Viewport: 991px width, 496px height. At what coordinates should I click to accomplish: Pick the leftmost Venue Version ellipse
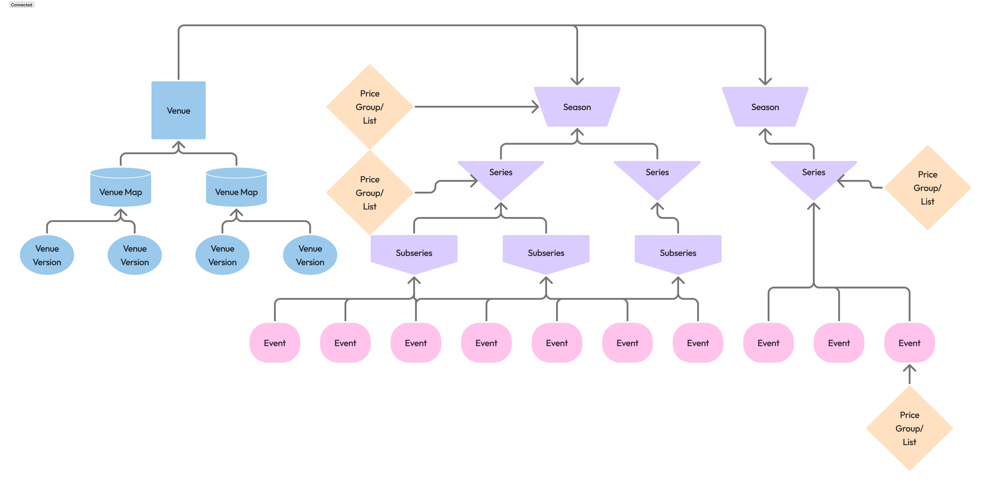tap(47, 255)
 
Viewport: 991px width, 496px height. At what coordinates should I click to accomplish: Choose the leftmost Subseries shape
tap(414, 253)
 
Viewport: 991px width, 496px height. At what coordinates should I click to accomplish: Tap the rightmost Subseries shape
tap(678, 253)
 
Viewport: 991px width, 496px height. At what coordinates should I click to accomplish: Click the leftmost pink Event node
tap(275, 343)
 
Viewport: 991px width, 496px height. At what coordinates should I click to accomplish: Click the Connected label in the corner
tap(22, 5)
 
